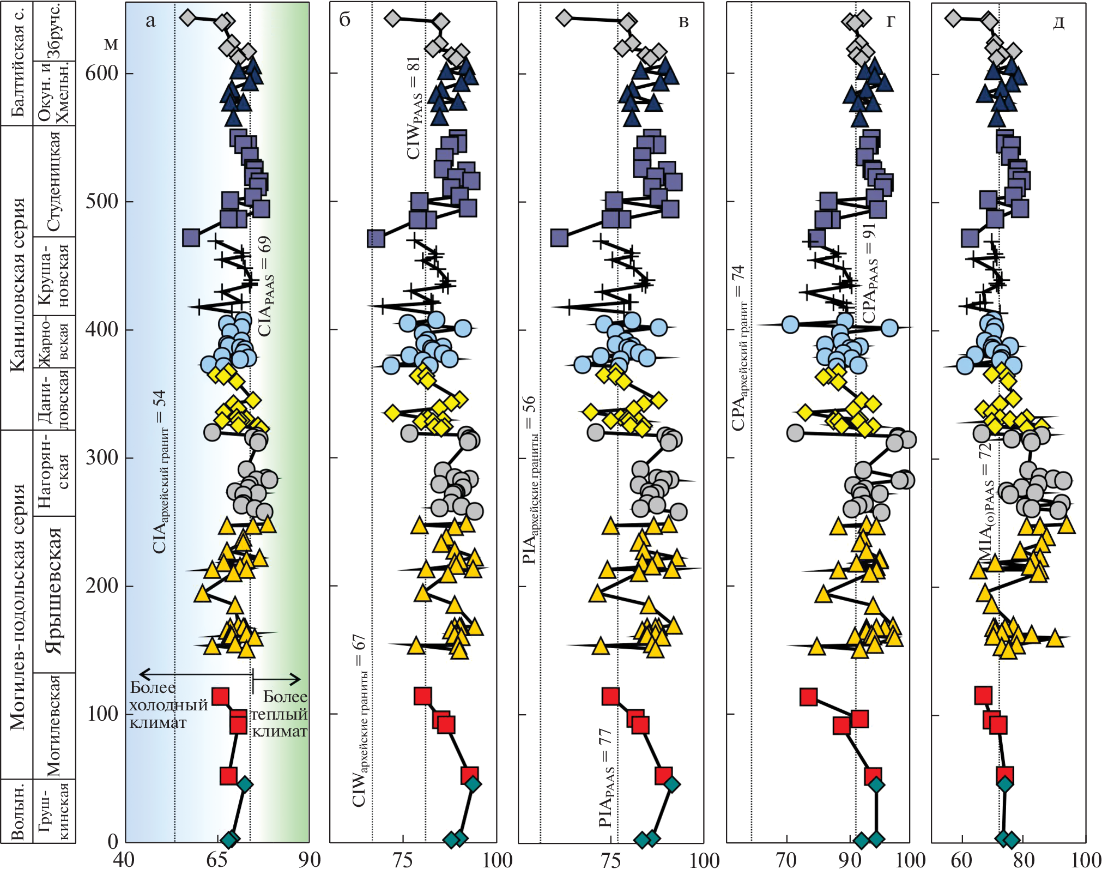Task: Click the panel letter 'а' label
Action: click(150, 21)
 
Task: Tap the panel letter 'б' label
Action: click(345, 20)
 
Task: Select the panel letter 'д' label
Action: click(1058, 23)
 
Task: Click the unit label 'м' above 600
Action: click(111, 44)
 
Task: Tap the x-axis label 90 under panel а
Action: click(309, 860)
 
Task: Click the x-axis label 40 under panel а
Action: click(124, 860)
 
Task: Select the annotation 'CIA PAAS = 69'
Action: click(265, 286)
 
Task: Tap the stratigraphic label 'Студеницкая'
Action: click(54, 182)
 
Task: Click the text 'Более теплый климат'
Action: click(279, 714)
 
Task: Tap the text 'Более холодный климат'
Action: click(168, 705)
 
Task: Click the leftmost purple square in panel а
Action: click(191, 238)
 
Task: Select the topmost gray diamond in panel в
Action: click(565, 18)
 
